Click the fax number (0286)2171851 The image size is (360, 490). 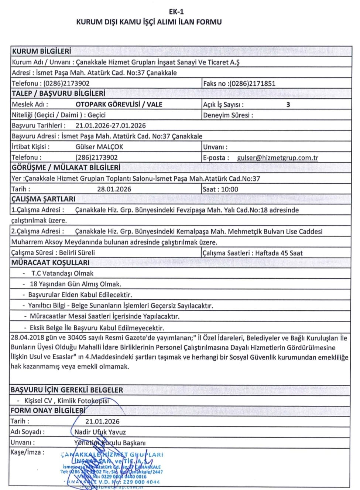pyautogui.click(x=253, y=84)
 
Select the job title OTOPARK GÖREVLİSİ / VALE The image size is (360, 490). pyautogui.click(x=119, y=105)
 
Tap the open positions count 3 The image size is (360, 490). pyautogui.click(x=288, y=105)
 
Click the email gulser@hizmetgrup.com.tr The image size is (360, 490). pyautogui.click(x=277, y=158)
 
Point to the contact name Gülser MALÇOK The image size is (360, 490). pyautogui.click(x=99, y=147)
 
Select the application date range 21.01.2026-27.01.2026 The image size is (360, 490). pyautogui.click(x=110, y=126)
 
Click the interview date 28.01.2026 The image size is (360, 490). pyautogui.click(x=114, y=189)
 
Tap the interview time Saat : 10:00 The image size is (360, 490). pyautogui.click(x=220, y=189)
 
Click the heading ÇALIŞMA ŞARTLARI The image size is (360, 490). pyautogui.click(x=43, y=199)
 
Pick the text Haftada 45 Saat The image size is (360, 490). pyautogui.click(x=279, y=253)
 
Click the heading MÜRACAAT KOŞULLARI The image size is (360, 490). pyautogui.click(x=50, y=263)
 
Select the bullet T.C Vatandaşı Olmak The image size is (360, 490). pyautogui.click(x=62, y=273)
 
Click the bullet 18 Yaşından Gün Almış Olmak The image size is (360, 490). pyautogui.click(x=75, y=284)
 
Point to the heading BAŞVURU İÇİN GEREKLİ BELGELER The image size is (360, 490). pyautogui.click(x=67, y=390)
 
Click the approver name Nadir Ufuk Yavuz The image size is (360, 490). pyautogui.click(x=100, y=432)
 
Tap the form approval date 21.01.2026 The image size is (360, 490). pyautogui.click(x=102, y=421)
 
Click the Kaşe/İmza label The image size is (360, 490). pyautogui.click(x=27, y=452)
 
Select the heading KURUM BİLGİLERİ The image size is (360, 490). pyautogui.click(x=41, y=51)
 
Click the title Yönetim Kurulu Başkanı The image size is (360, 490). pyautogui.click(x=110, y=443)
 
